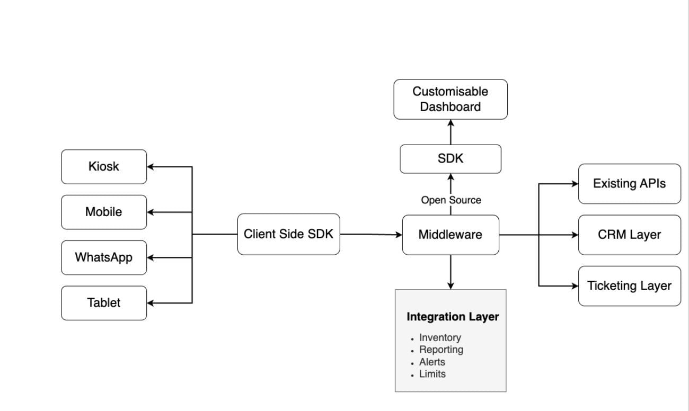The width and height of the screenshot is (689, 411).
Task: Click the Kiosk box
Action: (x=104, y=167)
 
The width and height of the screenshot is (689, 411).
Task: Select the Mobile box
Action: (x=104, y=212)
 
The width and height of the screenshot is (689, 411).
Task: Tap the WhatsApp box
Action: (x=104, y=258)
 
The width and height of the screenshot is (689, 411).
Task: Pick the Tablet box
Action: (x=104, y=303)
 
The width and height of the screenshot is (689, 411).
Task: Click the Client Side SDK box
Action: (x=288, y=235)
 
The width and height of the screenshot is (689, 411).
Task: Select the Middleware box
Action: (x=450, y=235)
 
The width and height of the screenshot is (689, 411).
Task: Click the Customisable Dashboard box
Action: (x=450, y=99)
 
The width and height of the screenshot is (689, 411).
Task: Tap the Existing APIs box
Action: (x=629, y=184)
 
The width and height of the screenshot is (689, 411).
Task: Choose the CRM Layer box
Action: (x=629, y=235)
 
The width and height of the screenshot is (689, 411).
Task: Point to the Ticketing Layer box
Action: (x=629, y=286)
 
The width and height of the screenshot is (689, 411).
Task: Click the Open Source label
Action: (x=451, y=200)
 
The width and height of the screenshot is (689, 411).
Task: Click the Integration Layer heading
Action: (x=453, y=317)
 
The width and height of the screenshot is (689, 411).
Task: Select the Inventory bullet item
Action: (x=440, y=337)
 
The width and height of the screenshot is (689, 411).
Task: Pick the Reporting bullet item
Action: (x=441, y=350)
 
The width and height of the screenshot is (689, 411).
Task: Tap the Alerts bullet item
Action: (x=432, y=362)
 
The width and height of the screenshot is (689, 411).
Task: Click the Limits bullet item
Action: (x=432, y=374)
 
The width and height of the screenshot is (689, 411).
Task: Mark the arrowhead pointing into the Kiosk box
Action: (x=151, y=167)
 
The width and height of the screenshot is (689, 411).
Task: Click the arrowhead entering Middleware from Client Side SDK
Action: (x=399, y=235)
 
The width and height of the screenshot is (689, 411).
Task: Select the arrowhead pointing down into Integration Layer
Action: (x=450, y=285)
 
